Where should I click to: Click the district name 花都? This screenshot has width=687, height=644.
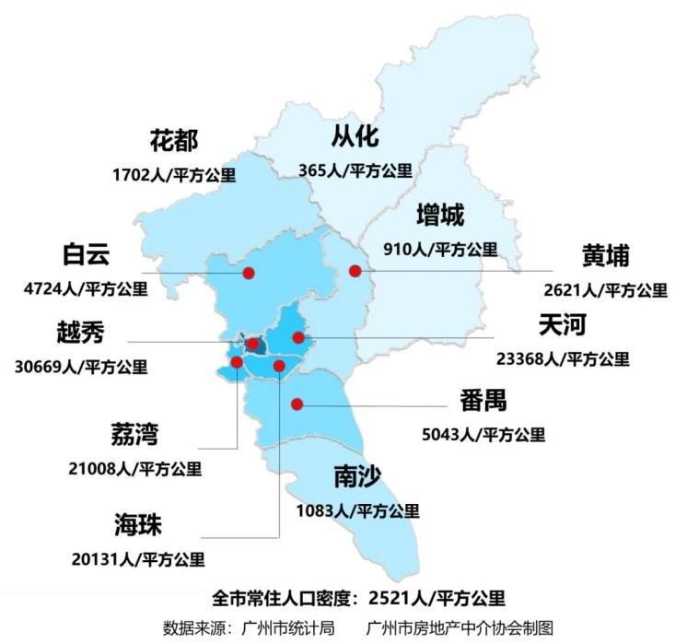tap(174, 141)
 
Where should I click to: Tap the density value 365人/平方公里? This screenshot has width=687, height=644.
tap(355, 170)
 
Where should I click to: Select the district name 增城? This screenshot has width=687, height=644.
tap(440, 217)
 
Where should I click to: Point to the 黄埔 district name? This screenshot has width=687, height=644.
tap(605, 255)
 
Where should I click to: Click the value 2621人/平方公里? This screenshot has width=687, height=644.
tap(605, 289)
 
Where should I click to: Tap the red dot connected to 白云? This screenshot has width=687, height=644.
tap(249, 273)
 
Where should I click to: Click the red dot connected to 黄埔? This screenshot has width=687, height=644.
tap(355, 271)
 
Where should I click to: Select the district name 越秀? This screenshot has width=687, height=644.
tap(80, 333)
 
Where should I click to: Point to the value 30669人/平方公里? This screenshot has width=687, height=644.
tap(81, 367)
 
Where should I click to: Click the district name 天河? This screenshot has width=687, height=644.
tap(562, 324)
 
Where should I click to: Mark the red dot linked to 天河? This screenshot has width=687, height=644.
tap(298, 338)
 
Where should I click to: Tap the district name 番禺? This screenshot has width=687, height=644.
tap(483, 401)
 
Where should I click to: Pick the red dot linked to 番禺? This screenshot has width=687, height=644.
tap(297, 404)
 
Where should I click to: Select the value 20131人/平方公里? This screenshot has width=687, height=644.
tap(138, 559)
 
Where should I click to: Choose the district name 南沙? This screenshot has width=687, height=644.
tap(357, 476)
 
